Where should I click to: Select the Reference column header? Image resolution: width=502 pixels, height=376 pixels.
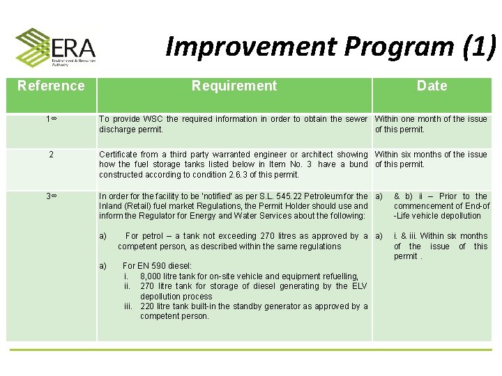[x=51, y=86]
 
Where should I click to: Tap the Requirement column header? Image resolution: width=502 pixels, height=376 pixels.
[x=234, y=86]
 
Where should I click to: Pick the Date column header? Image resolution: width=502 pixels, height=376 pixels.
[x=432, y=86]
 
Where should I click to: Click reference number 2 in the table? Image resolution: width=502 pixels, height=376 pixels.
[x=51, y=155]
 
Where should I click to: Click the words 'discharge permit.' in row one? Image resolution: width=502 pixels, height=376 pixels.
[x=131, y=130]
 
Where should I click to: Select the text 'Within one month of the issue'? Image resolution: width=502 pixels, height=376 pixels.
[x=431, y=119]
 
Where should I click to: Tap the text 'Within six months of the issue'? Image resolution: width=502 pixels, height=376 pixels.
[x=431, y=155]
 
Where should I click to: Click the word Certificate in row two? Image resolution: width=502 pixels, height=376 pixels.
[x=119, y=155]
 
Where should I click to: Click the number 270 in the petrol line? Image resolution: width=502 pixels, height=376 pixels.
[x=269, y=236]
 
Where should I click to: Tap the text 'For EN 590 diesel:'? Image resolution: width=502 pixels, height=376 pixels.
[x=157, y=266]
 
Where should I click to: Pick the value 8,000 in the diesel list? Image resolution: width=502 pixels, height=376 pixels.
[x=153, y=276]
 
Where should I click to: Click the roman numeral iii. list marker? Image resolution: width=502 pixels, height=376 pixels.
[x=128, y=306]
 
